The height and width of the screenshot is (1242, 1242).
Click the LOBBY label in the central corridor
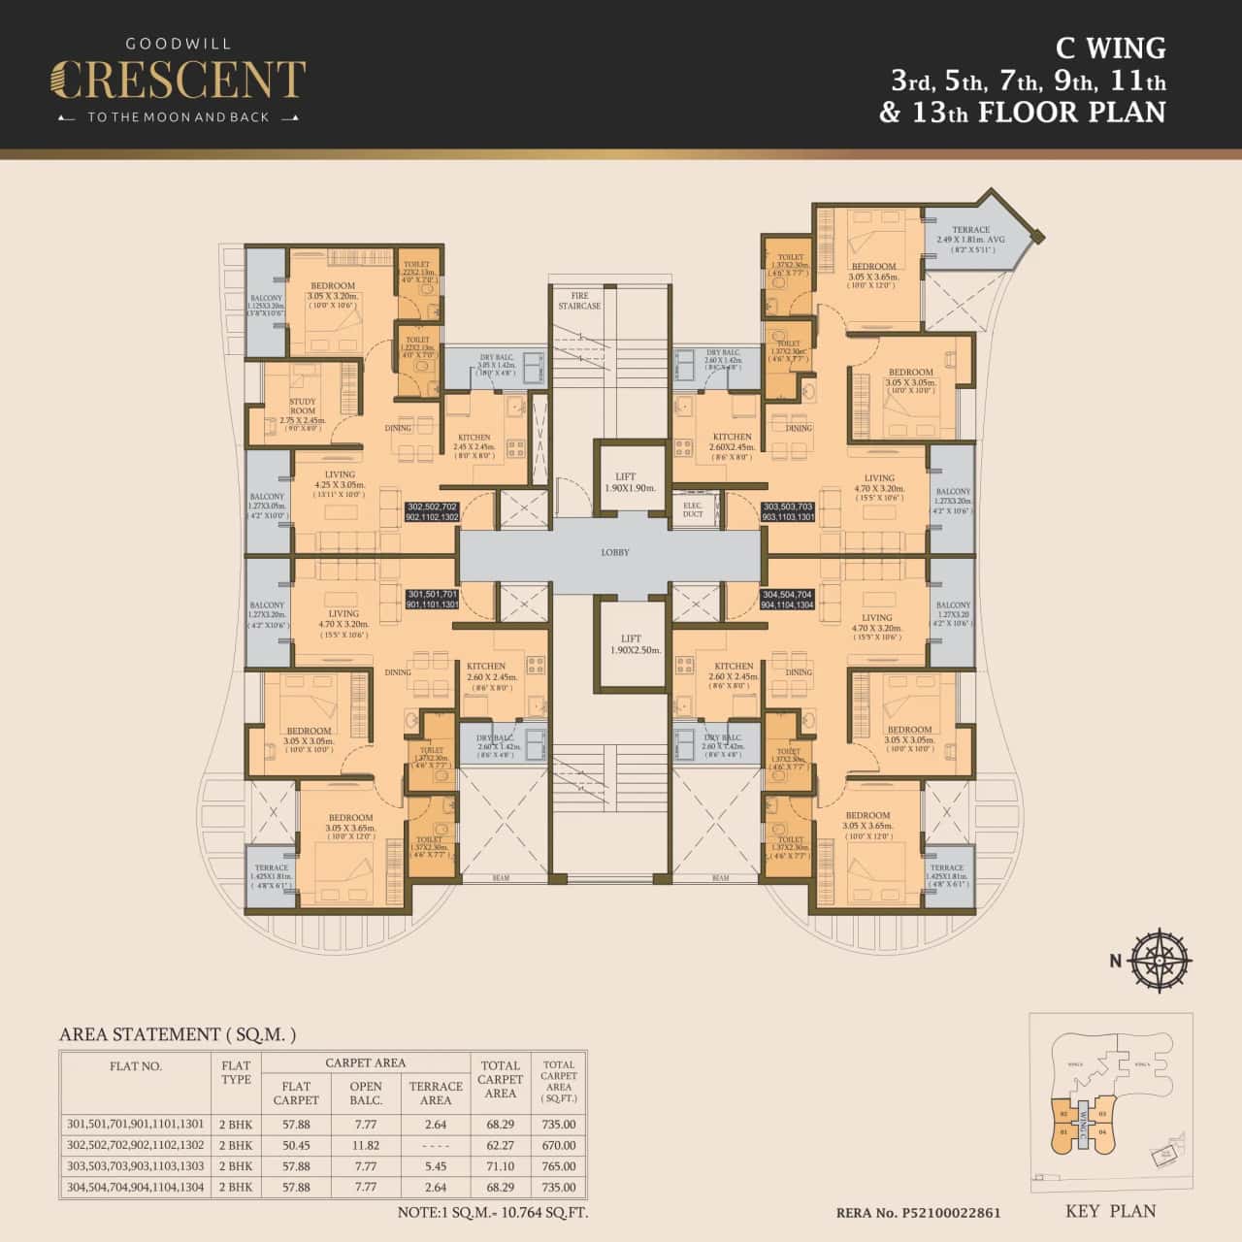tap(615, 552)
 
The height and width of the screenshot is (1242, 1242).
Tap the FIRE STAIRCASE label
tap(579, 301)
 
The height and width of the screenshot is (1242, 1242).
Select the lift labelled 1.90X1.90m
tap(625, 482)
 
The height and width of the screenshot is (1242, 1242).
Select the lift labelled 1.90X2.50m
tap(625, 644)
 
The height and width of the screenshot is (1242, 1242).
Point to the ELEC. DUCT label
tap(693, 509)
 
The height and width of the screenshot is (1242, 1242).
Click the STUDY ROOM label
tap(303, 411)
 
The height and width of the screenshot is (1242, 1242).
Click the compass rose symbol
tap(1161, 961)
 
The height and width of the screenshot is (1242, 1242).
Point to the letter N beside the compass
tap(1116, 961)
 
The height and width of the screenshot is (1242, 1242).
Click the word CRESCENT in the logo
tap(178, 81)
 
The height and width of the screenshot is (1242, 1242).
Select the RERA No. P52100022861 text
tap(918, 1213)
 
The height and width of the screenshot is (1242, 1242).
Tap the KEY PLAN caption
tap(1110, 1211)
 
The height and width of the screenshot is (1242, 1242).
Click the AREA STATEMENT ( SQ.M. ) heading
tap(178, 1034)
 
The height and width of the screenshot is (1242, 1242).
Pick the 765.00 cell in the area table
tap(558, 1166)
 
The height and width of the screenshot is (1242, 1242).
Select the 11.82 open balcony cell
tap(366, 1146)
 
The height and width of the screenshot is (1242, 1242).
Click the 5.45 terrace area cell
tap(435, 1166)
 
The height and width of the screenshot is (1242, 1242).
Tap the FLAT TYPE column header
tap(236, 1072)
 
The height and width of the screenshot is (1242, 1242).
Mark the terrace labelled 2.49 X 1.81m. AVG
tap(970, 239)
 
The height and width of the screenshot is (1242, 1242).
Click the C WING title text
tap(1110, 48)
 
